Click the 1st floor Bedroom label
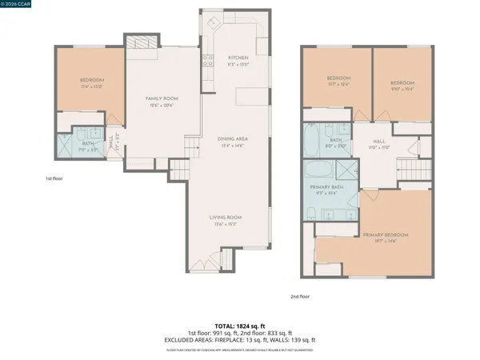pyautogui.click(x=91, y=81)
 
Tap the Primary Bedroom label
pyautogui.click(x=386, y=234)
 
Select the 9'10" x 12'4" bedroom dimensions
pyautogui.click(x=402, y=90)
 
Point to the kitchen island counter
pyautogui.click(x=249, y=96)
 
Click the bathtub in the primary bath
pyautogui.click(x=319, y=170)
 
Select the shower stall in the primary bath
pyautogui.click(x=346, y=170)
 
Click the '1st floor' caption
pyautogui.click(x=56, y=178)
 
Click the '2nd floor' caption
pyautogui.click(x=301, y=296)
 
